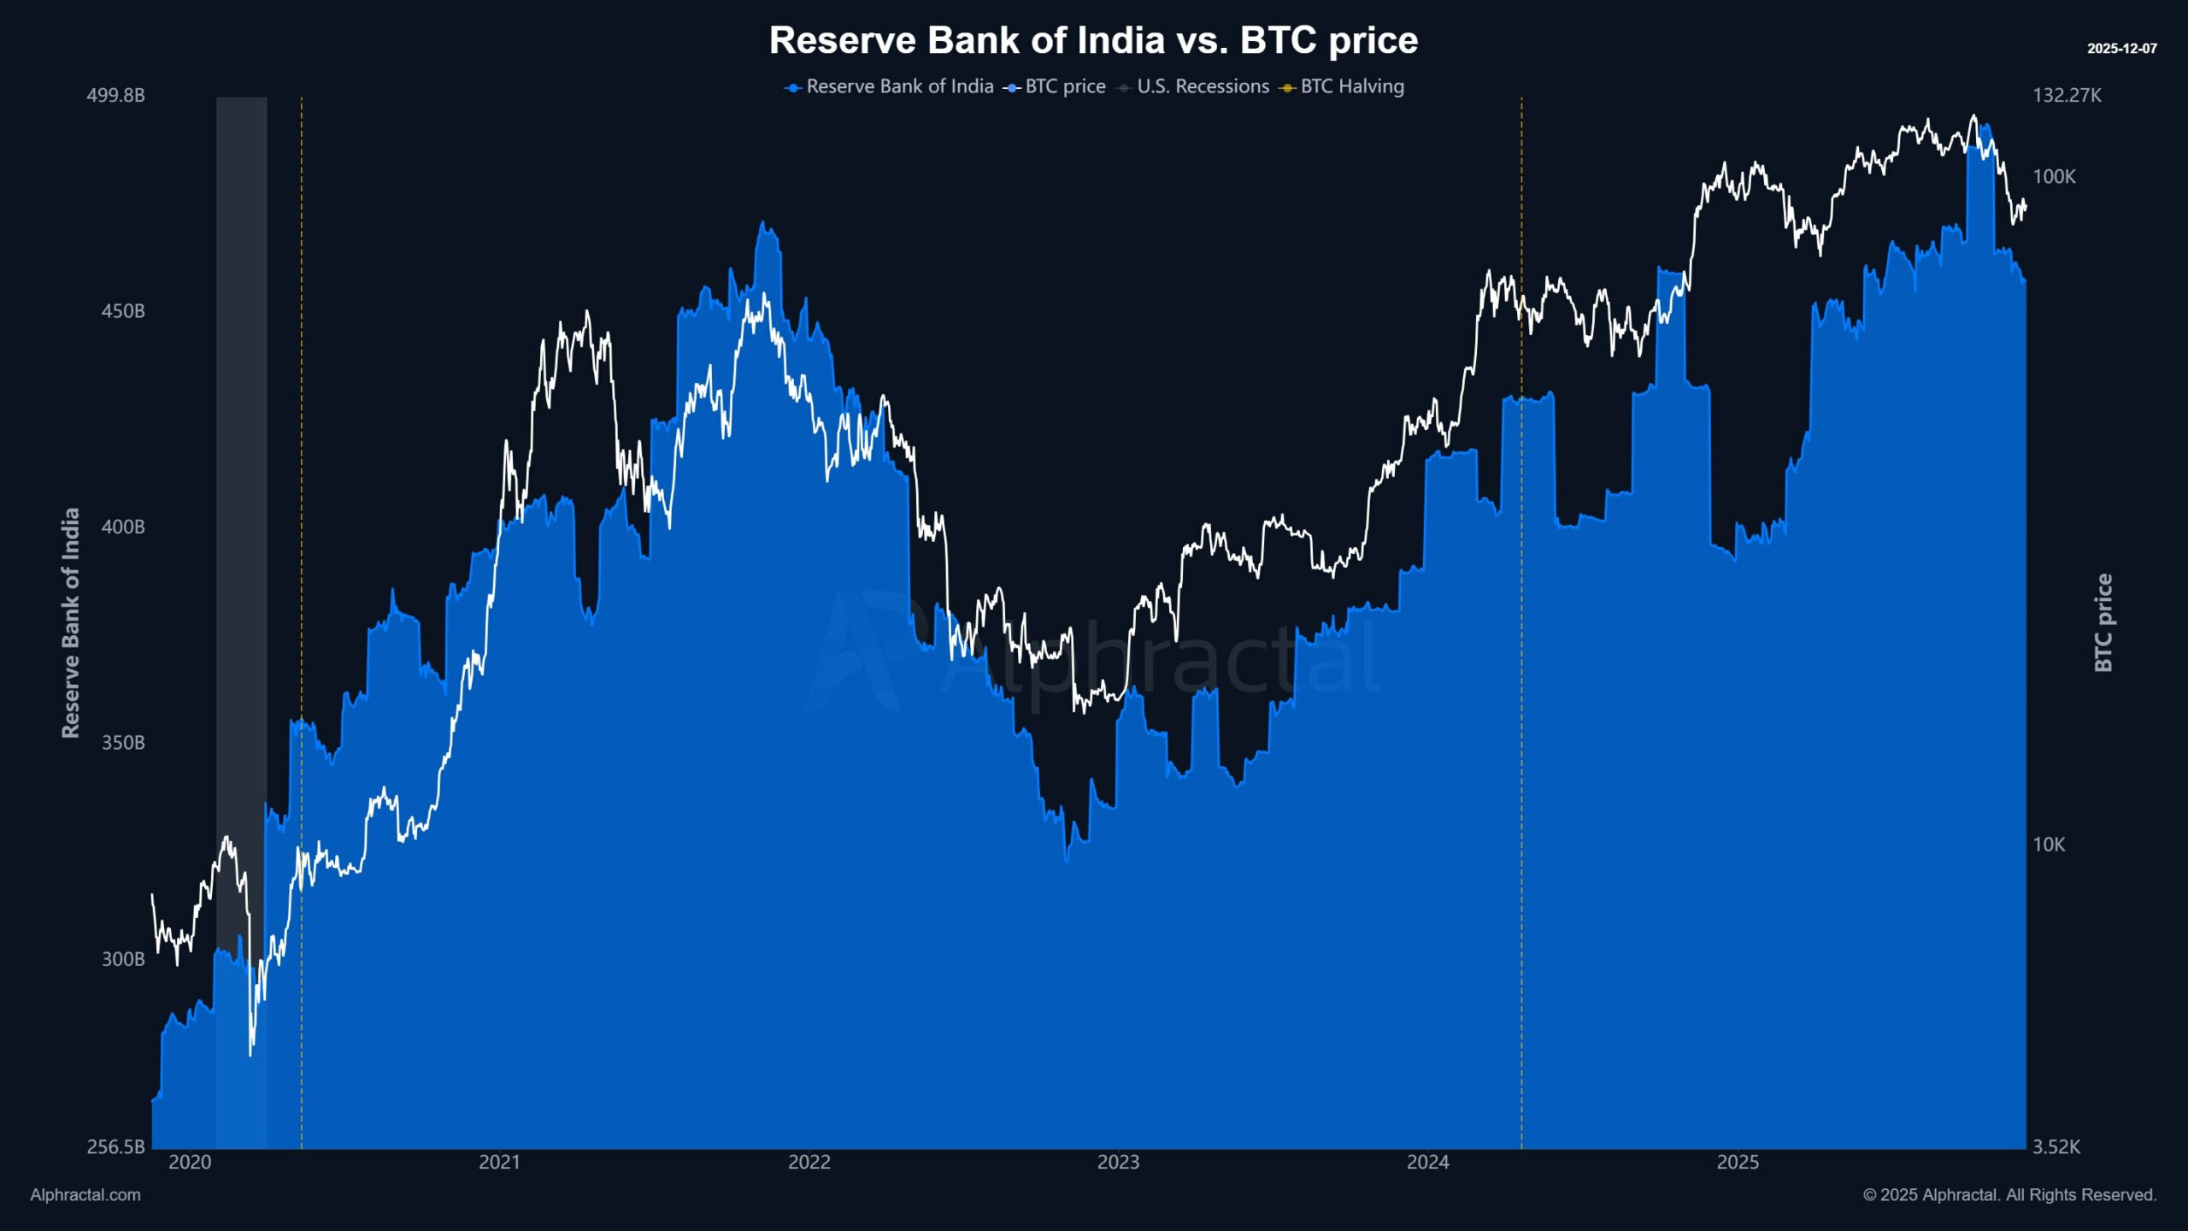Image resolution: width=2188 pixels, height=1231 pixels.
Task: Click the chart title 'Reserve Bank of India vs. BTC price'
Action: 1093,40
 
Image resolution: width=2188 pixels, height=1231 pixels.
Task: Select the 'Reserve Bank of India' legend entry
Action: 898,86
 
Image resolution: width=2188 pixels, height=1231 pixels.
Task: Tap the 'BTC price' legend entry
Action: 1064,86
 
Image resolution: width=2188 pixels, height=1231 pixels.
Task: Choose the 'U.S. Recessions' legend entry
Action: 1202,86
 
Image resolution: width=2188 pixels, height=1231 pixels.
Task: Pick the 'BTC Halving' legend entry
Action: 1351,86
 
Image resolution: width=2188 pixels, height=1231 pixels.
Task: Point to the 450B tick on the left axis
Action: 123,311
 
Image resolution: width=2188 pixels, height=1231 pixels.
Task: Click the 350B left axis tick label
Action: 123,743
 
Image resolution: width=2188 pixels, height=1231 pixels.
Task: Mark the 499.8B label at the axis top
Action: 115,95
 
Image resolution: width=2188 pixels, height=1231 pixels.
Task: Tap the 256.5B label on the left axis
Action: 115,1146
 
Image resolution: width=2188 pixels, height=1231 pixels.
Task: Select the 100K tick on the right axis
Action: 2054,177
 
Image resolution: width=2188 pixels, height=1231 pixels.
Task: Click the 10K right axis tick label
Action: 2049,845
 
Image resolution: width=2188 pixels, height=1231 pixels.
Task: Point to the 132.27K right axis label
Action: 2067,95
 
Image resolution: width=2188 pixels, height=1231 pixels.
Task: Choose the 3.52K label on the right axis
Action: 2056,1147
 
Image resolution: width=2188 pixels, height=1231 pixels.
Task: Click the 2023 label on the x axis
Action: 1118,1163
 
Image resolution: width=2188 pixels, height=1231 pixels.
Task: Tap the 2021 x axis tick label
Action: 499,1163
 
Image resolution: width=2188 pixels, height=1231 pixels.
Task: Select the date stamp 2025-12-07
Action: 2121,49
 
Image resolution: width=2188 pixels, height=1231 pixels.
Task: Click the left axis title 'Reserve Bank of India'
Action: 71,622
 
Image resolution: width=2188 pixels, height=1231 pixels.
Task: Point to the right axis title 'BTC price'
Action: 2103,622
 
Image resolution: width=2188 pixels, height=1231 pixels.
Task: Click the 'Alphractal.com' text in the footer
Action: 85,1195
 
